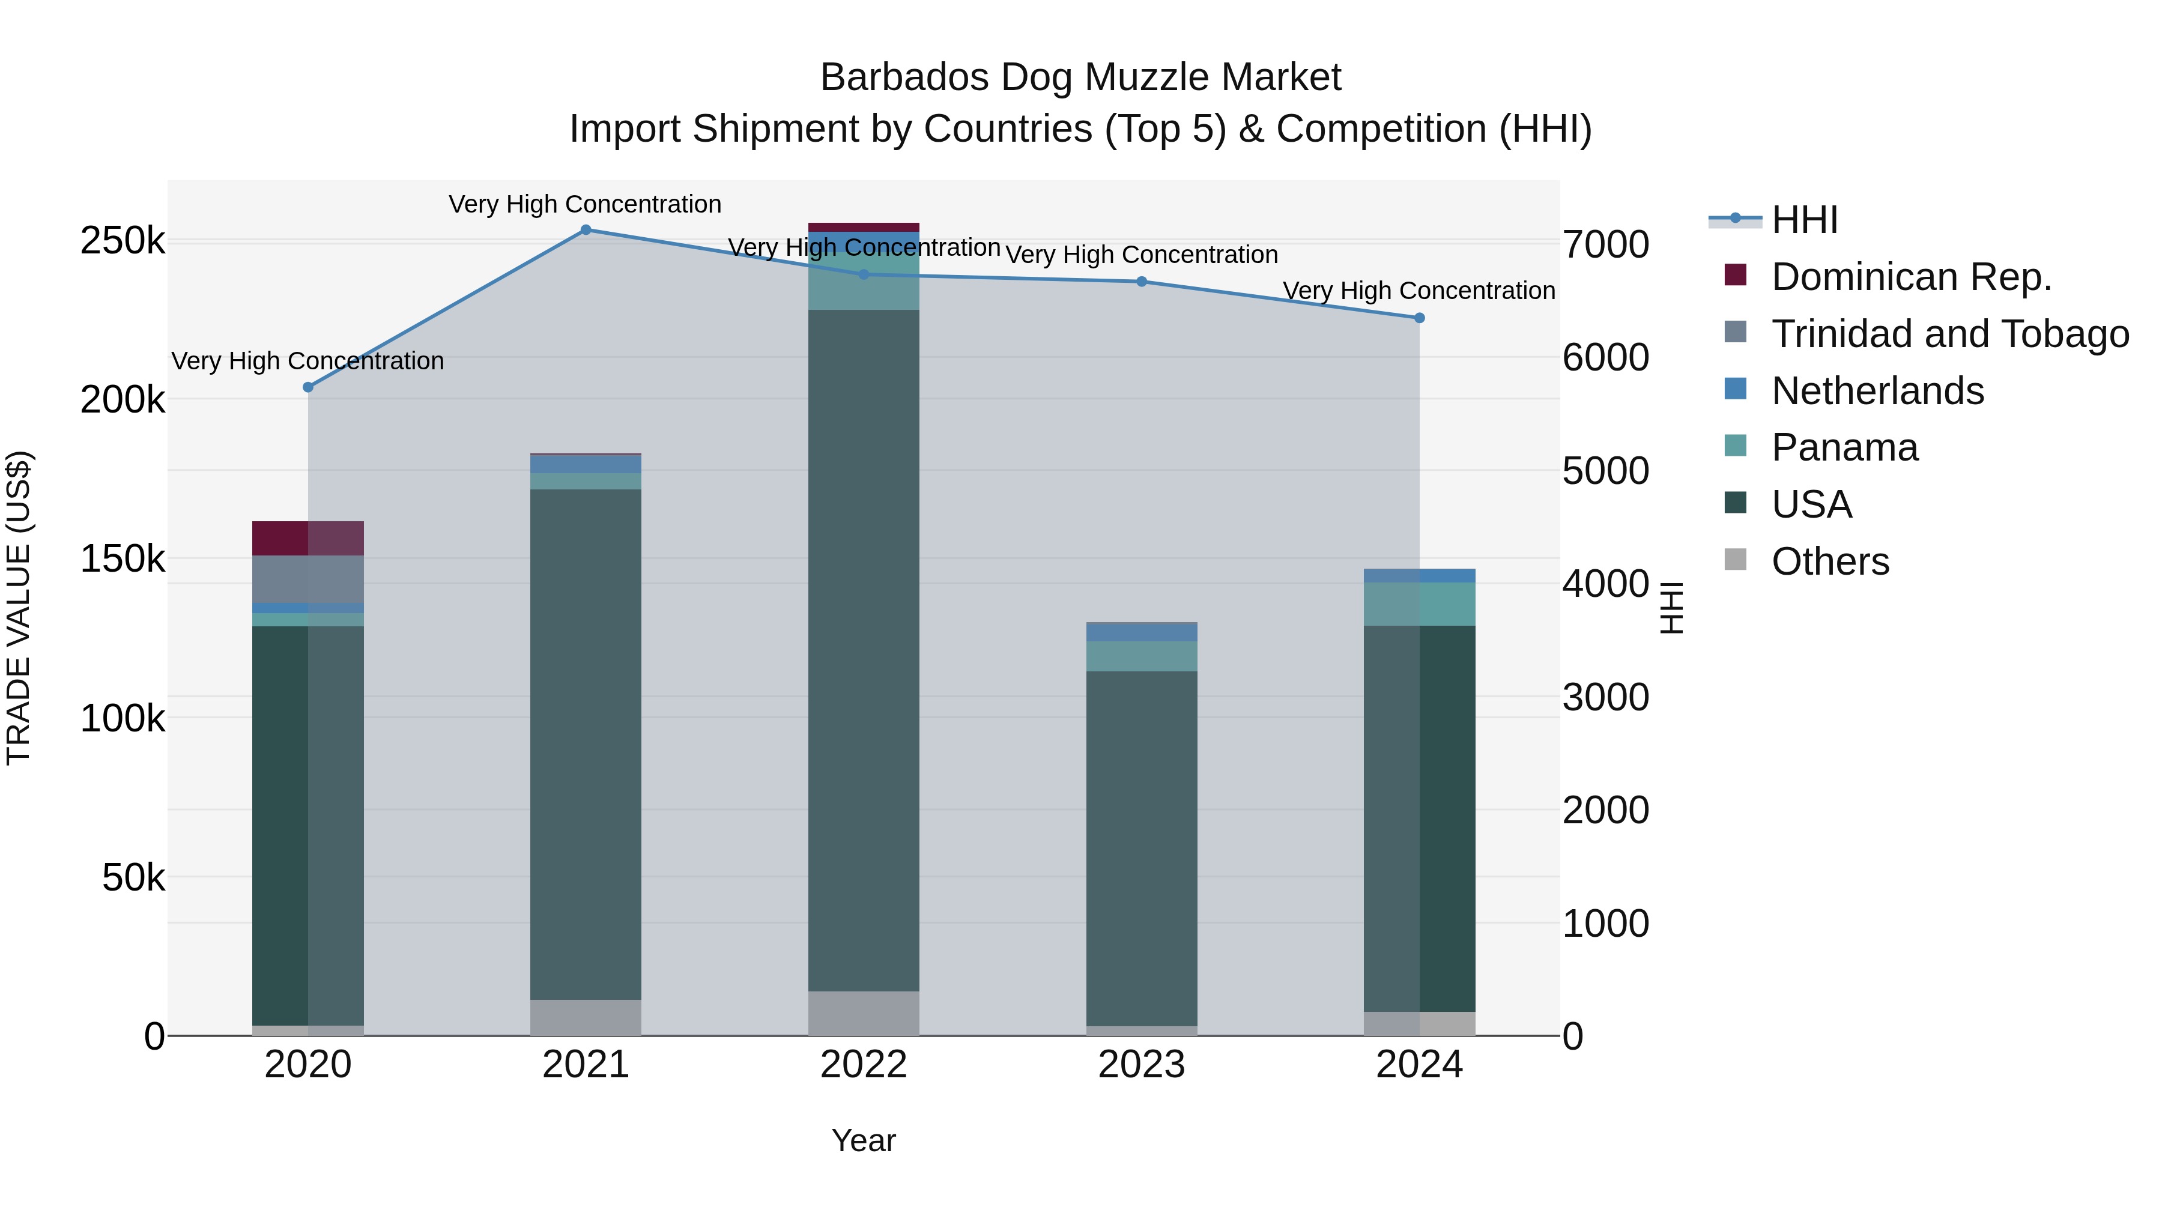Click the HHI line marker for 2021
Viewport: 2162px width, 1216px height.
(586, 229)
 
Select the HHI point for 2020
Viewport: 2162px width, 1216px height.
(308, 387)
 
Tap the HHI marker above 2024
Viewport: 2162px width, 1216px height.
(1419, 318)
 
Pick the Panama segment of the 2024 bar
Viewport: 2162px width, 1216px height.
(1419, 604)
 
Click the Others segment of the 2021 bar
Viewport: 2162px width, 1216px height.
(586, 1017)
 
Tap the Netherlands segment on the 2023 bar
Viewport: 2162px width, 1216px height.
(1142, 632)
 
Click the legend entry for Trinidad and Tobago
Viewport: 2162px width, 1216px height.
(1949, 334)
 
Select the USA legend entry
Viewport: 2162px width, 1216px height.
(1811, 505)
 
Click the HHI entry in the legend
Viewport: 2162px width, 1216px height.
(1805, 220)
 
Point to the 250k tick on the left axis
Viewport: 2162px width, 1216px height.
(123, 241)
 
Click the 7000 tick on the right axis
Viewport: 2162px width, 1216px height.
(1605, 245)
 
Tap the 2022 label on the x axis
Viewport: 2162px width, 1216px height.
(864, 1065)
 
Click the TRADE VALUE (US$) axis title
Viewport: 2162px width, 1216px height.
(19, 608)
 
